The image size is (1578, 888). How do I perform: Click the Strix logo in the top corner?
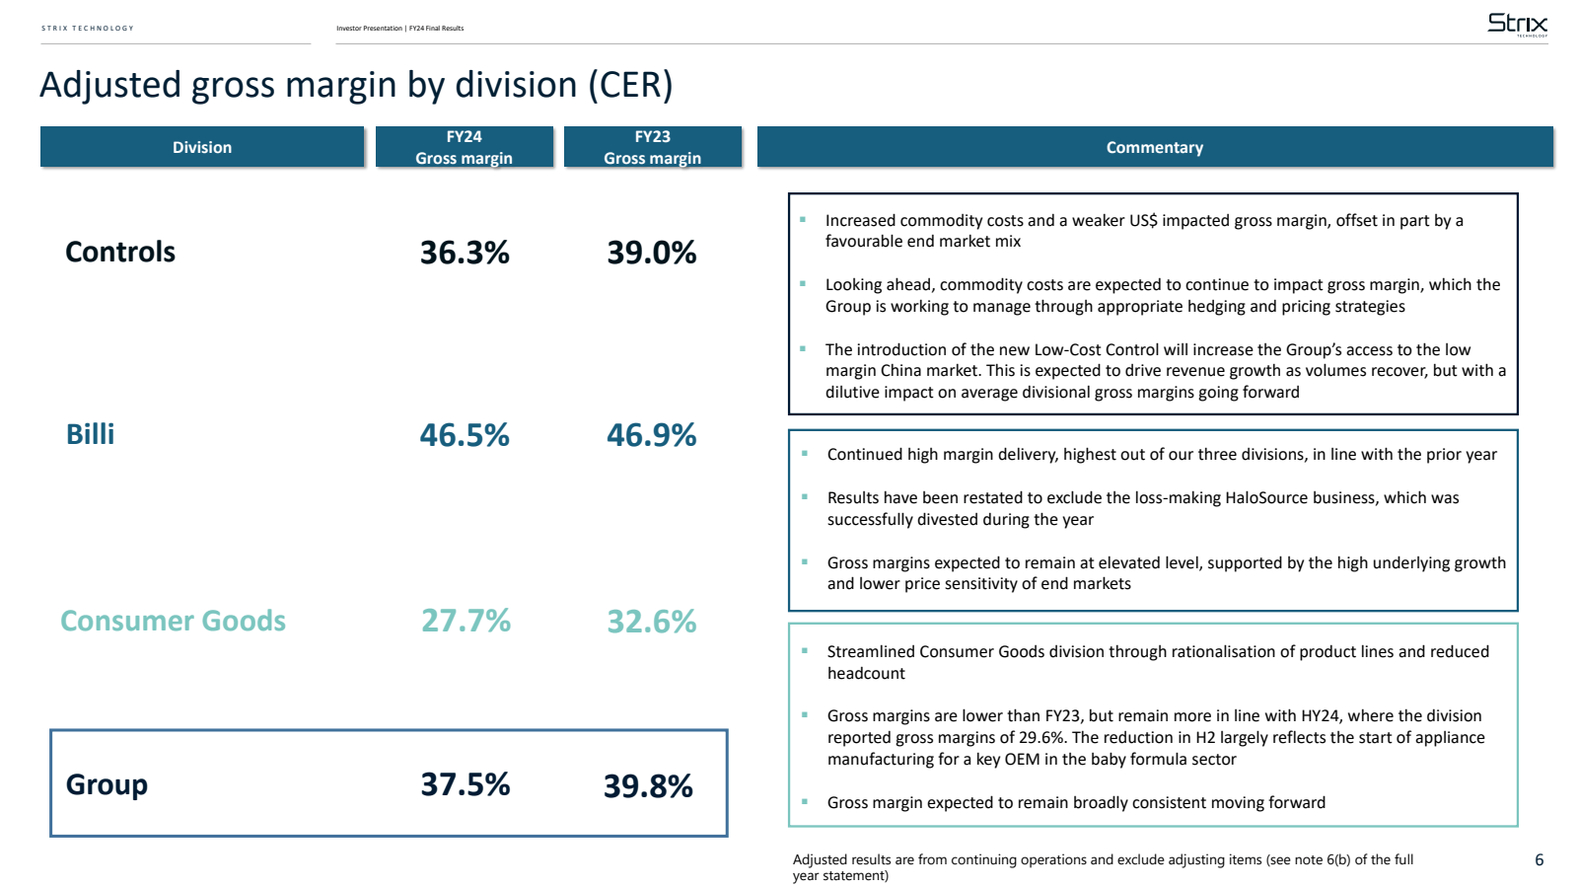(1517, 24)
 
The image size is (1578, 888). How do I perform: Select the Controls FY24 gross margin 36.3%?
(465, 253)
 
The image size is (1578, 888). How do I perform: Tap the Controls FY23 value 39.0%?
(652, 253)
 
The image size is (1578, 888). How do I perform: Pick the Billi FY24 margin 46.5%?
(465, 435)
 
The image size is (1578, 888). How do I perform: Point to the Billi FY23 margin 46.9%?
(652, 435)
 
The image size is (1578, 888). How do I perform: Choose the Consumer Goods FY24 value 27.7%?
(466, 621)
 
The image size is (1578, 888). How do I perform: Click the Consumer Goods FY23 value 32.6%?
(652, 622)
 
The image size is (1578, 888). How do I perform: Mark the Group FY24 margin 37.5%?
(466, 784)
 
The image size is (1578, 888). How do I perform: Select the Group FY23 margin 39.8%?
(648, 786)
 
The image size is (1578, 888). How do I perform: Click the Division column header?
(202, 147)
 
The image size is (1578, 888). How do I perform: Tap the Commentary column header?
(1155, 147)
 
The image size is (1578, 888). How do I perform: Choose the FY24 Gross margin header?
(465, 147)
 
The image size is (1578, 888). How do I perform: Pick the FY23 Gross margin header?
(653, 147)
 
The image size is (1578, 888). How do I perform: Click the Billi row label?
(91, 434)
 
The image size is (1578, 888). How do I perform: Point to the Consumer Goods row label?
(174, 621)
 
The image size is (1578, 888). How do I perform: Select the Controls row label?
(120, 252)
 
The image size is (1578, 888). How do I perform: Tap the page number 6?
(1539, 860)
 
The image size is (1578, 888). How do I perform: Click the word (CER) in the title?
(630, 85)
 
